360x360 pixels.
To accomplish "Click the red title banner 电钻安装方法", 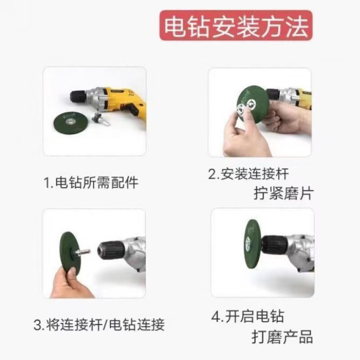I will click(x=235, y=26).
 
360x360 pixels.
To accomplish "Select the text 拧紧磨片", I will click(x=283, y=193).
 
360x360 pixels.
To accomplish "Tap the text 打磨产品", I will click(x=282, y=337).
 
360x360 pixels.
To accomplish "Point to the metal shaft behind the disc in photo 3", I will click(x=82, y=252).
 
